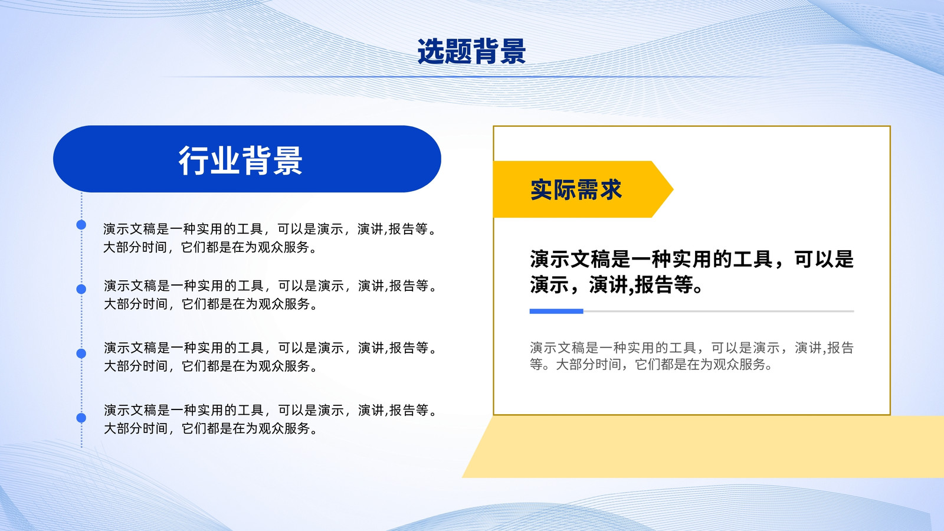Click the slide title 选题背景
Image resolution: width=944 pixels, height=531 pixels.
click(x=471, y=51)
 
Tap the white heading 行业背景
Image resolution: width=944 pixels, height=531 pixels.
click(x=241, y=160)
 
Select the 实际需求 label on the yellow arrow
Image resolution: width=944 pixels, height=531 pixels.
click(x=576, y=189)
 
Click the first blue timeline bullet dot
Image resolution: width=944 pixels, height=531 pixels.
click(x=81, y=225)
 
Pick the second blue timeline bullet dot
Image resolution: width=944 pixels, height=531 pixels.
click(x=81, y=289)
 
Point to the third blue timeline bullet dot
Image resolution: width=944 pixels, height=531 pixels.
click(x=81, y=353)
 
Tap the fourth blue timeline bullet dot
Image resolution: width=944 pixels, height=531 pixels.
click(x=81, y=418)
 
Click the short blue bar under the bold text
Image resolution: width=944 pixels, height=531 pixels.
click(x=556, y=312)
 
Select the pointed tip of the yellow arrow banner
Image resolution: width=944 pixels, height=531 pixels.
click(x=673, y=189)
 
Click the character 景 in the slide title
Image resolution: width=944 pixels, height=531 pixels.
click(x=513, y=51)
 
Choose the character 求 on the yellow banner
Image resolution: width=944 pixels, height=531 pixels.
click(x=611, y=189)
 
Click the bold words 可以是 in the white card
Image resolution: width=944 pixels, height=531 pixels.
click(x=824, y=259)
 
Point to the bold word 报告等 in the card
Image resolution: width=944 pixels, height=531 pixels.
click(x=664, y=284)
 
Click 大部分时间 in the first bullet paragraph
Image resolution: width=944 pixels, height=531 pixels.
click(x=135, y=247)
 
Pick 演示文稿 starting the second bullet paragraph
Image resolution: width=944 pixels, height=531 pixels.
click(x=130, y=286)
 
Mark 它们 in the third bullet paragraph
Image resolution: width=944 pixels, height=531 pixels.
click(x=194, y=366)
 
